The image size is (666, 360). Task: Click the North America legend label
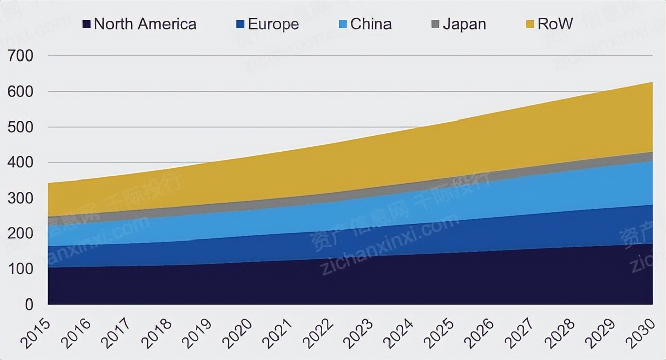145,24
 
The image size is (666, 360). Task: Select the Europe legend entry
273,24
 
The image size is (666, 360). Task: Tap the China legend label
371,24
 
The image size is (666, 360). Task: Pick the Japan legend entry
464,24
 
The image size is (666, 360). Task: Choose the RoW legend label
555,24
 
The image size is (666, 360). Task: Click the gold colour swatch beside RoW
530,24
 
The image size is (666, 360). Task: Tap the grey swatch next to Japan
435,24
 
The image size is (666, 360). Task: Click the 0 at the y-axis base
28,305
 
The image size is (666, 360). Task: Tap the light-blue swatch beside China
343,24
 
